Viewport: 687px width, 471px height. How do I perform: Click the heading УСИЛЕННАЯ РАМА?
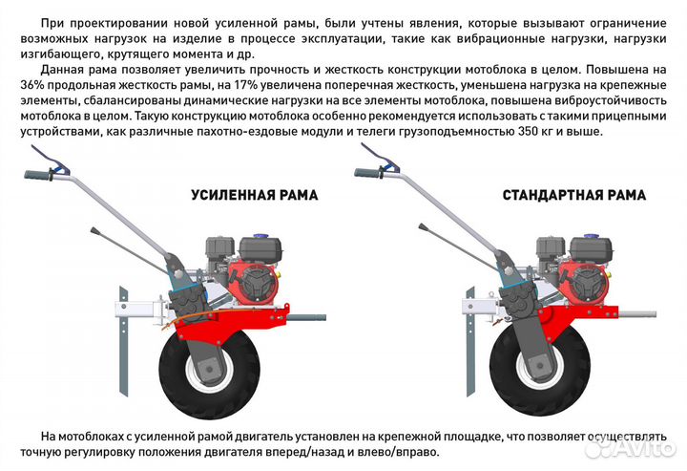point(253,195)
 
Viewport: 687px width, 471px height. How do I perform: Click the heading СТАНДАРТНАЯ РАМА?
point(573,195)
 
